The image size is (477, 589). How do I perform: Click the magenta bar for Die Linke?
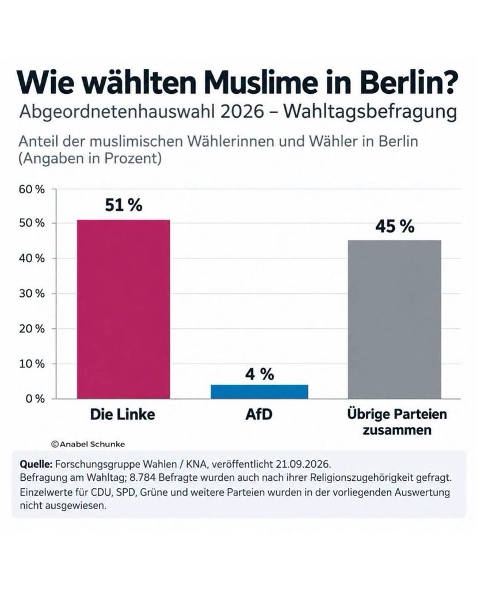point(123,309)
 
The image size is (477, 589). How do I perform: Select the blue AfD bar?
point(260,391)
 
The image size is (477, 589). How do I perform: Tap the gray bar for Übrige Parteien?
point(394,319)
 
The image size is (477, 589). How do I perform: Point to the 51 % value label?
point(124,205)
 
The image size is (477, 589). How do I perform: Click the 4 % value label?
point(260,374)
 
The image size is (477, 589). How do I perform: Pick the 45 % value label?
point(395,227)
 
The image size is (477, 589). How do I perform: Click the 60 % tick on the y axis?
point(32,189)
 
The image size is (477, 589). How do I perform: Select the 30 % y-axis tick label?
point(32,293)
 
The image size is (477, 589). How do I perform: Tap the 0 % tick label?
point(35,399)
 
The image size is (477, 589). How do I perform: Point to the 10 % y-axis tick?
point(32,364)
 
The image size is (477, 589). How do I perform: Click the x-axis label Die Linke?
point(123,414)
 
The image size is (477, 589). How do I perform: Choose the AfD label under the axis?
point(259,414)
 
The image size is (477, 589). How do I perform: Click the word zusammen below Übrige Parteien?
point(397,430)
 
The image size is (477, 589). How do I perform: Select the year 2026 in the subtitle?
point(242,112)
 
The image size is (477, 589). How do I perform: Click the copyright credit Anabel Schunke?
point(88,444)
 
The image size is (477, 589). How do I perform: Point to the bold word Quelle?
point(36,464)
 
